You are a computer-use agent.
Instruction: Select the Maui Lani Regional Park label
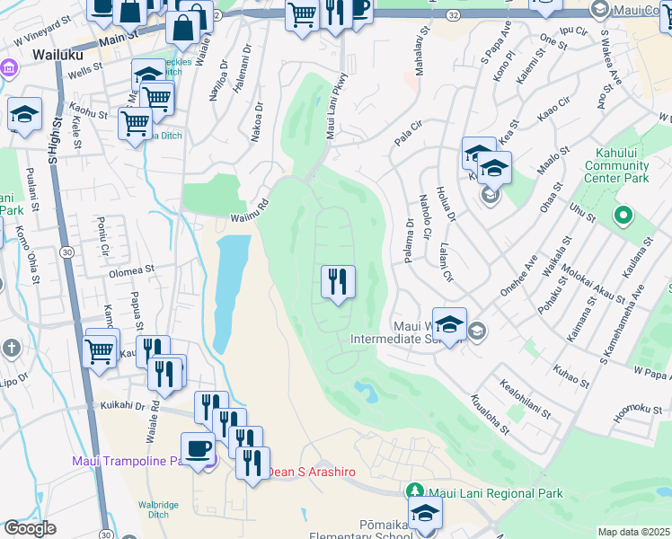tap(496, 493)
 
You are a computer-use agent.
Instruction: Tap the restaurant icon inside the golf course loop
tap(338, 282)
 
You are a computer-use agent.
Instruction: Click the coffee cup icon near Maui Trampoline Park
tap(198, 448)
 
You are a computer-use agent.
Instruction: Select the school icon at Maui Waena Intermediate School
tap(449, 325)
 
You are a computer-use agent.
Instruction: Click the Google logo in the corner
tap(30, 528)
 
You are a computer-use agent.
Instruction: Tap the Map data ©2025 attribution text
tap(634, 532)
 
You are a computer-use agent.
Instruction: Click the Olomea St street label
tap(132, 269)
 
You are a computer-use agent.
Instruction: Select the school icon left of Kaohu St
tap(25, 114)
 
